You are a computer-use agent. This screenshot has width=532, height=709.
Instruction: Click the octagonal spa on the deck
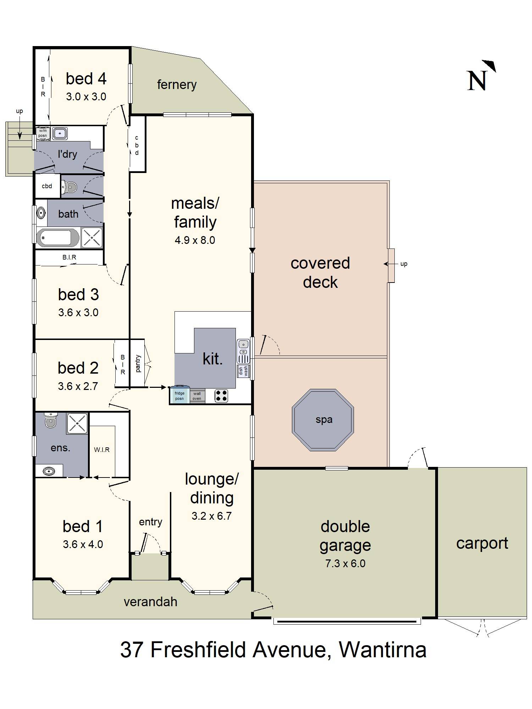click(x=323, y=420)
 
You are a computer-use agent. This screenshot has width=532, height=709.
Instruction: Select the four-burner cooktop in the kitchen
click(x=221, y=396)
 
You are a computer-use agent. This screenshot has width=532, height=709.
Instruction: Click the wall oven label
click(x=197, y=396)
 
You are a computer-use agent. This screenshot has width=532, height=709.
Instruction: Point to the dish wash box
click(x=243, y=371)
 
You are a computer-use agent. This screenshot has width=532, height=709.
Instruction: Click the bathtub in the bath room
click(x=57, y=238)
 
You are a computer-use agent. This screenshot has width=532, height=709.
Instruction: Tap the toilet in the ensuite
click(x=50, y=420)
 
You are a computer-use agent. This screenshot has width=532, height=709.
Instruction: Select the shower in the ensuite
click(x=77, y=423)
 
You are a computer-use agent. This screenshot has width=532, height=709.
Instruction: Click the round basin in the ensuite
click(x=49, y=471)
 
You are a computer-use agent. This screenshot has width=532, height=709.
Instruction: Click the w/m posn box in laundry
click(x=43, y=133)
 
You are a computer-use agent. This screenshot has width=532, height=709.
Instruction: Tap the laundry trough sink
click(x=60, y=133)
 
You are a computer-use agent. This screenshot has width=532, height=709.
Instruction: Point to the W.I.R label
click(x=102, y=450)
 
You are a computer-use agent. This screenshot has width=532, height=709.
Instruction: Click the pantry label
click(x=138, y=363)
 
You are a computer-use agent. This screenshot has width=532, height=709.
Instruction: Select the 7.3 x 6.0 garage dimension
click(x=345, y=563)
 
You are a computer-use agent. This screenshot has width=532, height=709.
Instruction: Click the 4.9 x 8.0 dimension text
click(x=195, y=240)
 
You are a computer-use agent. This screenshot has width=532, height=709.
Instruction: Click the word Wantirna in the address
click(x=382, y=649)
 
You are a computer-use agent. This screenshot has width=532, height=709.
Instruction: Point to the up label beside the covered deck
click(x=404, y=264)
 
